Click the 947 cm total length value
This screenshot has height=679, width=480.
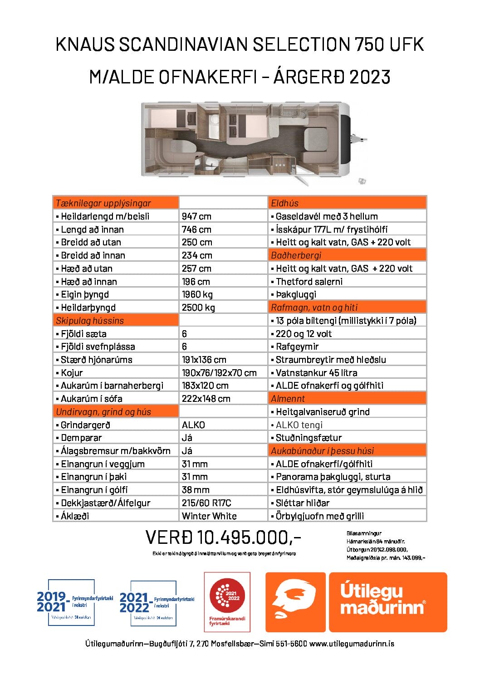(196, 216)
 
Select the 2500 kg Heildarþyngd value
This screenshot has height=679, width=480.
(198, 308)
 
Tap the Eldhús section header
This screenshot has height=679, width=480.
(284, 203)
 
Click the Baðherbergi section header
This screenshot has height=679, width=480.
(296, 255)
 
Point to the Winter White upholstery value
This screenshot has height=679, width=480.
(209, 516)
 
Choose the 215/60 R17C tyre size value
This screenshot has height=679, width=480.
(206, 503)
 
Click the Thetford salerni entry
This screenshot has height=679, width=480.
(309, 282)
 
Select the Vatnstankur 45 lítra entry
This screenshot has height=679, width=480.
(316, 373)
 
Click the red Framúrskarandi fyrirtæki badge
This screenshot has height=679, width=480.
(227, 602)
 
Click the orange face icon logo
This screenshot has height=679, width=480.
(295, 602)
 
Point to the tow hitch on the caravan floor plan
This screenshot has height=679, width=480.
(359, 137)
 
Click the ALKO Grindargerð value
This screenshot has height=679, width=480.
(193, 425)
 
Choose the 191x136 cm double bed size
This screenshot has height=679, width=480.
(204, 360)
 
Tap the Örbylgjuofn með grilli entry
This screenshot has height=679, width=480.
(319, 516)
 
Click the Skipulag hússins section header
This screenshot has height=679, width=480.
(90, 321)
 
